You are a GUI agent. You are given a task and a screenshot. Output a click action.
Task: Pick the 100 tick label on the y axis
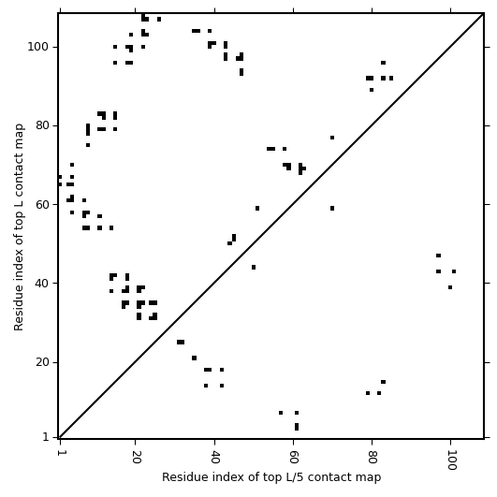pyautogui.click(x=37, y=47)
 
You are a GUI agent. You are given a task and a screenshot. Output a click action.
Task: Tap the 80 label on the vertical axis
pyautogui.click(x=42, y=125)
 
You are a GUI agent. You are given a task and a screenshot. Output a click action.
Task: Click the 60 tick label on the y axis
pyautogui.click(x=42, y=204)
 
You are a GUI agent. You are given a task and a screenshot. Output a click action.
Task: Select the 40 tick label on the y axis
pyautogui.click(x=42, y=283)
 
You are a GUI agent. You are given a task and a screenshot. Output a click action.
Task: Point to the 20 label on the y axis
pyautogui.click(x=42, y=362)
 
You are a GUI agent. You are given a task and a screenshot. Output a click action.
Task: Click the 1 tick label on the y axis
pyautogui.click(x=46, y=437)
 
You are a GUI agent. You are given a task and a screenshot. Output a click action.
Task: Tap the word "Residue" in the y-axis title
pyautogui.click(x=19, y=311)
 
